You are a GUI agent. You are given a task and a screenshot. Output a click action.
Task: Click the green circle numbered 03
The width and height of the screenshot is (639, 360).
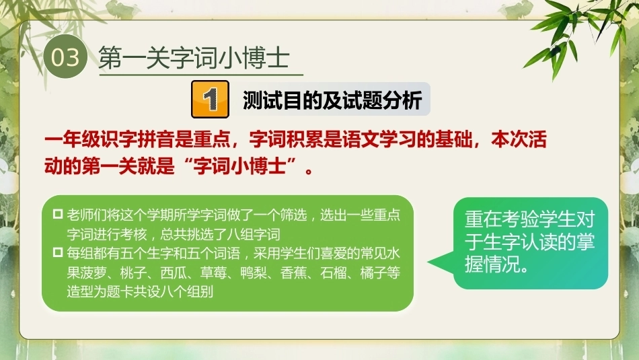(x=65, y=57)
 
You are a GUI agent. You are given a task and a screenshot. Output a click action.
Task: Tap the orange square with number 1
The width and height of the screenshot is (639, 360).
(x=210, y=99)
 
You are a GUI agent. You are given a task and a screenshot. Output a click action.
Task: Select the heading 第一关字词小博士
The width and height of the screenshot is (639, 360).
(x=194, y=57)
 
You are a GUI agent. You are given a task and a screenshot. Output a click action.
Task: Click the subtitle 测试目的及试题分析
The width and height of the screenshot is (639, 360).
(x=332, y=100)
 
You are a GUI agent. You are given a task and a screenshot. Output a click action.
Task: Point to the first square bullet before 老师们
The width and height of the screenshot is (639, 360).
(x=58, y=214)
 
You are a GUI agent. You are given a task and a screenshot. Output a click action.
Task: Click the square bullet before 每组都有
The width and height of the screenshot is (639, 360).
(x=58, y=253)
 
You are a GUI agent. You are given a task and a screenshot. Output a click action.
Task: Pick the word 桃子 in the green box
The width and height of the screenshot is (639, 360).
(x=133, y=273)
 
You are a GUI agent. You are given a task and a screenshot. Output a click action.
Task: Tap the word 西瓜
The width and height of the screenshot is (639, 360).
(x=173, y=273)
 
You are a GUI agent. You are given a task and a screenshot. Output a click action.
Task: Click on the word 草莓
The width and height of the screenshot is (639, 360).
(x=213, y=273)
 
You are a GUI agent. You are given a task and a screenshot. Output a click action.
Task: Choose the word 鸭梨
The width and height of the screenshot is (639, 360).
(x=253, y=273)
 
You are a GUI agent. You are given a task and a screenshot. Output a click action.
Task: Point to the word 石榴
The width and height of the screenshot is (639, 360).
(x=333, y=273)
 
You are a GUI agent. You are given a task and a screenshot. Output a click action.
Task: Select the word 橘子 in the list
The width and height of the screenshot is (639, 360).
(x=373, y=273)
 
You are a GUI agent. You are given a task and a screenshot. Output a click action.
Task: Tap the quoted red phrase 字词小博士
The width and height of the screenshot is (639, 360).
(x=239, y=166)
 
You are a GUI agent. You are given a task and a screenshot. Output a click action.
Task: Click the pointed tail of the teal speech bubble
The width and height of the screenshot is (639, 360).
(x=428, y=263)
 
